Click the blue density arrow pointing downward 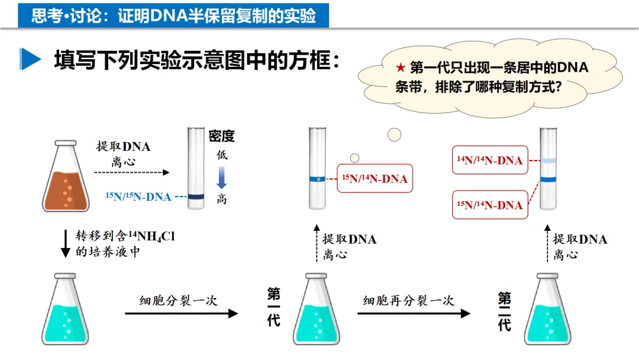coord(221,177)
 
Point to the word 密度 coord(221,136)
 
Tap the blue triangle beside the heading coord(30,59)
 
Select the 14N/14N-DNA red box coord(489,160)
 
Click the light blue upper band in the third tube coord(548,160)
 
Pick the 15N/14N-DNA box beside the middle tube coord(375,178)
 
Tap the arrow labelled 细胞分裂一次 coord(181,313)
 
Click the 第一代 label coord(273,307)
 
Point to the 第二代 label coord(504,311)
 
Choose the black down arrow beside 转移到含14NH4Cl coord(66,243)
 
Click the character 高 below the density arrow coord(221,199)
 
